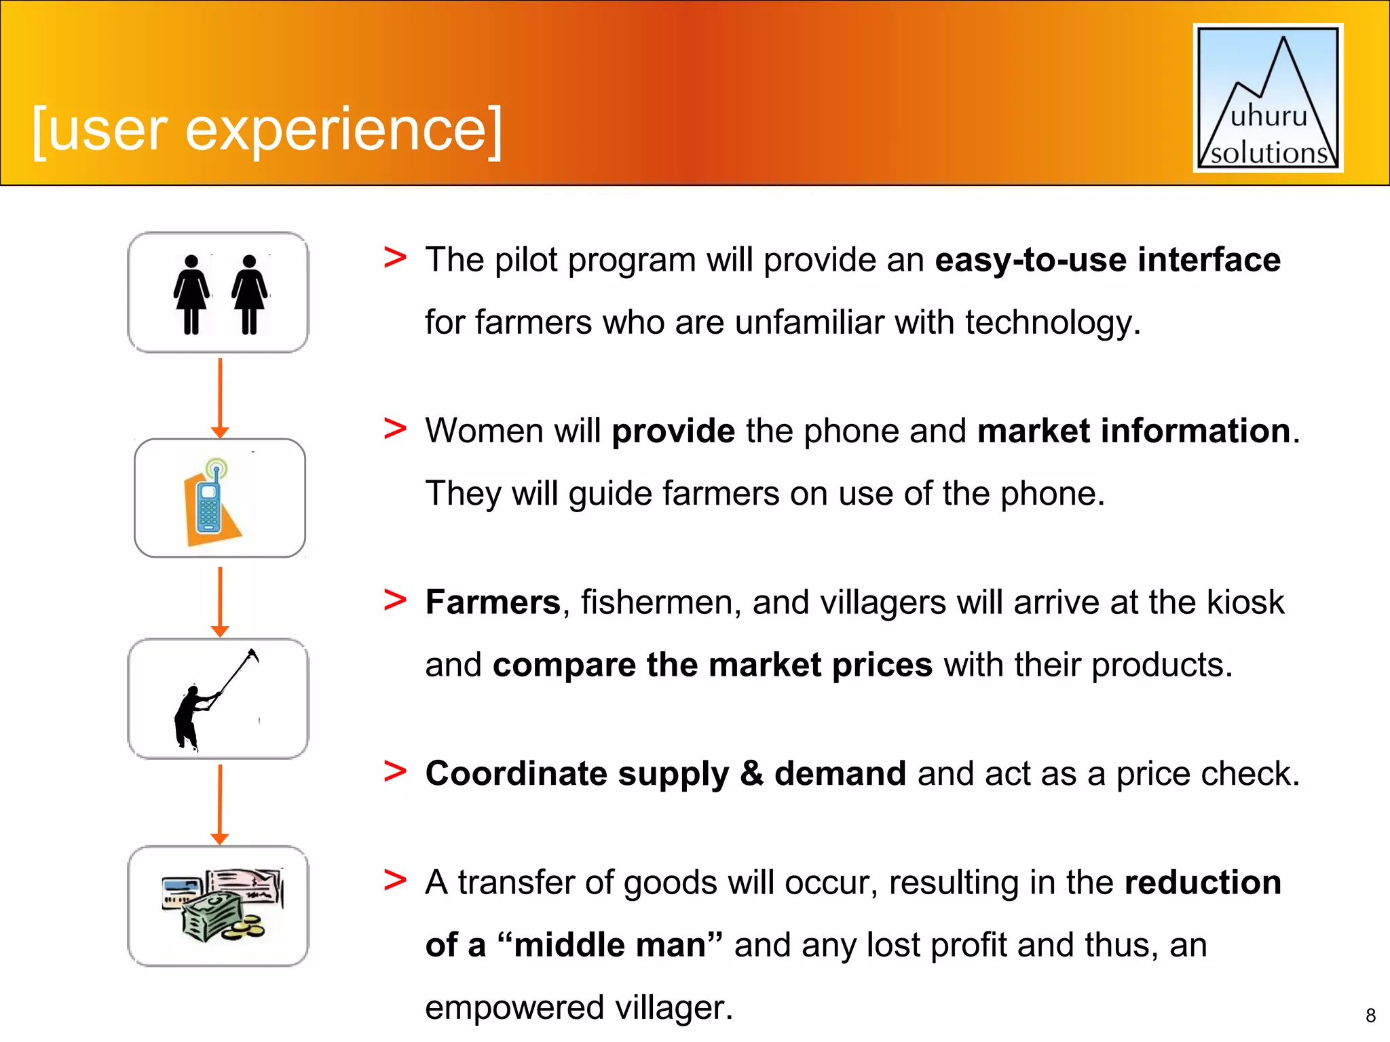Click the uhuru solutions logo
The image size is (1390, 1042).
coord(1268,98)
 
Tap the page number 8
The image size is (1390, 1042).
coord(1370,1016)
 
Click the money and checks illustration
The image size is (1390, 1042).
coord(221,906)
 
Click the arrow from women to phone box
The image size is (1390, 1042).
coord(220,398)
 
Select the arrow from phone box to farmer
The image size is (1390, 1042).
coord(220,601)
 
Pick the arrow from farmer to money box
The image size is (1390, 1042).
coord(220,804)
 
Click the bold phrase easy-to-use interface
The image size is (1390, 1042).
coord(1107,260)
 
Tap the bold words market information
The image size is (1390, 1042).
coord(1133,431)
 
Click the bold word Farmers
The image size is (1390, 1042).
coord(492,602)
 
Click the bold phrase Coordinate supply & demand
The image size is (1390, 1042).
coord(665,774)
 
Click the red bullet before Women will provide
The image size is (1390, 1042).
coord(395,429)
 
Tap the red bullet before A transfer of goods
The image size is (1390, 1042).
coord(395,881)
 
